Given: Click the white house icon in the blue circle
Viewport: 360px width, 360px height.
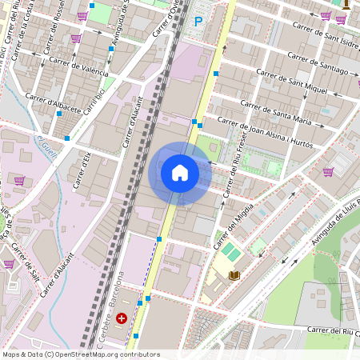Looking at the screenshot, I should (x=180, y=173).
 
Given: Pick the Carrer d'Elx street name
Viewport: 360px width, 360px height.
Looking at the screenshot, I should (x=82, y=171).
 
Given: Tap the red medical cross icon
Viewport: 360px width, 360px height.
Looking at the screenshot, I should (x=122, y=318).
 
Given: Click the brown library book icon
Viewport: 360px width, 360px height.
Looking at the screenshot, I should (x=234, y=275).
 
